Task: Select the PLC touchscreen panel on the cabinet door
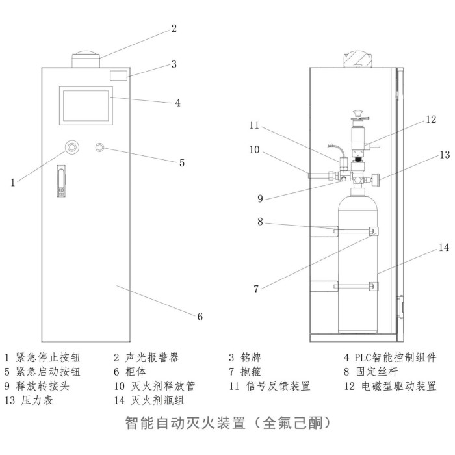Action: point(85,105)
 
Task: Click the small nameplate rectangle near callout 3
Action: point(118,75)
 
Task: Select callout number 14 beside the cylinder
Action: point(443,248)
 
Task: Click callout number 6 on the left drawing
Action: point(200,317)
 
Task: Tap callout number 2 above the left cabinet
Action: point(174,28)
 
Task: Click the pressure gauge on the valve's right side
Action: point(376,178)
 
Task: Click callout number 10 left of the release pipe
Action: point(254,149)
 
